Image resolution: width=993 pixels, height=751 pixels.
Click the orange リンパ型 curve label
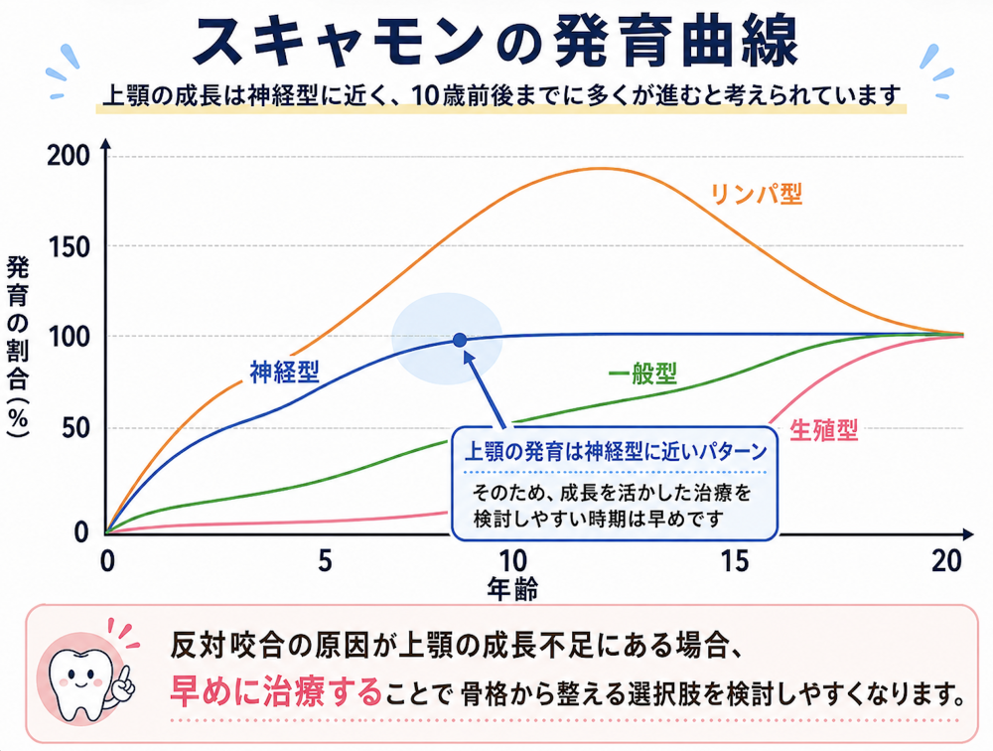(x=756, y=194)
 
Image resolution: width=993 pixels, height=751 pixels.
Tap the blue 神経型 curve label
(x=284, y=372)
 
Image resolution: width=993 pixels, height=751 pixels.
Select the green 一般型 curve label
(x=642, y=374)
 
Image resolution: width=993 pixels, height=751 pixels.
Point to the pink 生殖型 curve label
(x=824, y=430)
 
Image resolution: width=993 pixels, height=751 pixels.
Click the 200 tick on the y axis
(x=69, y=156)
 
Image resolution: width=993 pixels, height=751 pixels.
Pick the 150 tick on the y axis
(x=70, y=247)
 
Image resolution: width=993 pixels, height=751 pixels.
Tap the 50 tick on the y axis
(x=76, y=428)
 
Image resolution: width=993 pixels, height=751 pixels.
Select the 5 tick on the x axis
(x=325, y=561)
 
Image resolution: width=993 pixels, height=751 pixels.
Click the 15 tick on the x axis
(x=734, y=561)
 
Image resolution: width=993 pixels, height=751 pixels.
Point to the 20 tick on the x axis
(x=947, y=561)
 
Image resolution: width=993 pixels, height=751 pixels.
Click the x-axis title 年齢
(x=512, y=589)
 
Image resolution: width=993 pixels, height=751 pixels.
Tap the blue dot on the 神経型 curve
(x=460, y=341)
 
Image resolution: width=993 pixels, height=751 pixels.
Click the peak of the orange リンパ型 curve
(x=601, y=168)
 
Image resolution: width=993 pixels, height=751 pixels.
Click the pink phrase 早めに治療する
(x=276, y=691)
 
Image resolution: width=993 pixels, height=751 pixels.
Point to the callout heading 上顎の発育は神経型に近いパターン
(x=616, y=451)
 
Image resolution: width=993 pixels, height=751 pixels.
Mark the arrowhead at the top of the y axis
(x=106, y=144)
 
